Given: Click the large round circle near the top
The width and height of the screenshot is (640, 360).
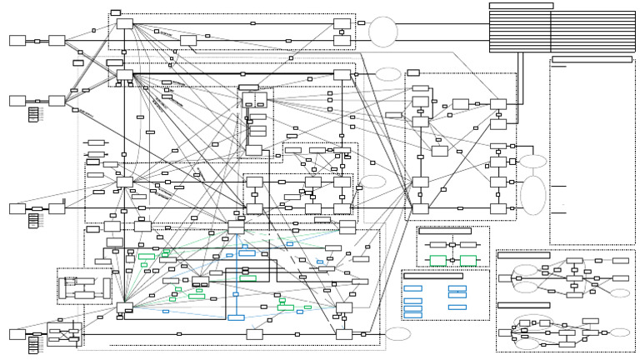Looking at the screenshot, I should [x=383, y=32].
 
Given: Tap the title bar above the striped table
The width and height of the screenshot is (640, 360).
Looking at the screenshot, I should [x=521, y=6].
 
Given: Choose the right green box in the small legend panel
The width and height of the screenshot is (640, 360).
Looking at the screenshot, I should [x=468, y=260].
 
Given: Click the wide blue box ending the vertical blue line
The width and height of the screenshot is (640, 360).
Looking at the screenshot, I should [x=236, y=317].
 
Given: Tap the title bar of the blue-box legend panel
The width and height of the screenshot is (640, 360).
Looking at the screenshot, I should [x=432, y=275].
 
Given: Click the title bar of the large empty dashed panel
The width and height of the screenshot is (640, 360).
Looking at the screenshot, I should [x=592, y=59].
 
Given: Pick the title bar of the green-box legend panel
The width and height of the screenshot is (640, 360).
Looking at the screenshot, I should [x=445, y=230].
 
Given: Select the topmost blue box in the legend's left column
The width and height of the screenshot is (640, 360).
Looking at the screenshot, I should [x=412, y=288].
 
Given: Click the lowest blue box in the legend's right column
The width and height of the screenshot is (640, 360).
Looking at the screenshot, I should [x=457, y=307].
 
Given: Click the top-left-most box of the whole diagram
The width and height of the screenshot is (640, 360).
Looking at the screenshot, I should [x=17, y=40].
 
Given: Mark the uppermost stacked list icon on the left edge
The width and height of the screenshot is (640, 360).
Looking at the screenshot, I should [x=33, y=113].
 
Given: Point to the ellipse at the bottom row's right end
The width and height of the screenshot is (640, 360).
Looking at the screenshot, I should [x=399, y=334].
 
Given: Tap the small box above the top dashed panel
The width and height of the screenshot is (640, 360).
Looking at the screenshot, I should [x=116, y=12].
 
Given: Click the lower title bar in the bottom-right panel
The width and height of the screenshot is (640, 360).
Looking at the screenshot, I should [x=523, y=305].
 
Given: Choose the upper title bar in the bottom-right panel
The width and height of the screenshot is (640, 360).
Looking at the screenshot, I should [x=523, y=255].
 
